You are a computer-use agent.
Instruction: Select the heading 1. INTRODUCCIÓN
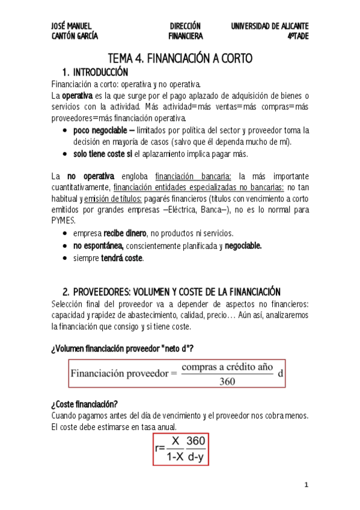(x=99, y=72)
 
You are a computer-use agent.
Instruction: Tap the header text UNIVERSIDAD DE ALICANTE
(x=270, y=26)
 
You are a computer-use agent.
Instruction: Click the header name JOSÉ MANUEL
(x=72, y=26)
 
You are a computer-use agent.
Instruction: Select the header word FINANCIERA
(x=185, y=36)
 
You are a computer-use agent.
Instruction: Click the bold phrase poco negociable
(x=100, y=130)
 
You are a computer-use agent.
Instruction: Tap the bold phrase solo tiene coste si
(x=102, y=153)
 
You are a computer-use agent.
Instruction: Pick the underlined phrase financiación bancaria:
(x=193, y=177)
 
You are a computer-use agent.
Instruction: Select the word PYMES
(x=63, y=221)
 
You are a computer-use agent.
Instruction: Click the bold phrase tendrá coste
(x=123, y=258)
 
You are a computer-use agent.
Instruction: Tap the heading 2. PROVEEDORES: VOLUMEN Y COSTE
(x=172, y=292)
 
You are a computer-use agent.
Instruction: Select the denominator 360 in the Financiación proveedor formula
(x=227, y=381)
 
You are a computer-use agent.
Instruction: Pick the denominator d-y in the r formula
(x=195, y=457)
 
